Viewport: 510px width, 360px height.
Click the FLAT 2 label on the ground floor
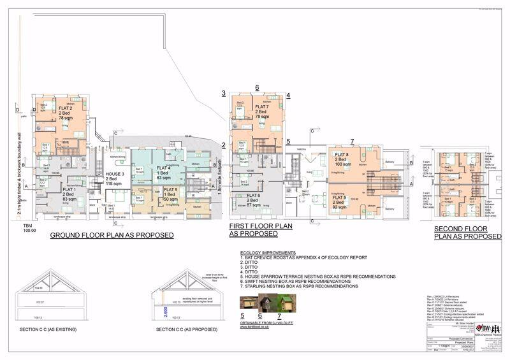[65, 109]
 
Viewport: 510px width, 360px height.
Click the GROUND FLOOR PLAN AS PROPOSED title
[112, 235]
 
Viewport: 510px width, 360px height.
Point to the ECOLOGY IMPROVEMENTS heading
[269, 252]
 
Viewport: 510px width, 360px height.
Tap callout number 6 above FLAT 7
[256, 88]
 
